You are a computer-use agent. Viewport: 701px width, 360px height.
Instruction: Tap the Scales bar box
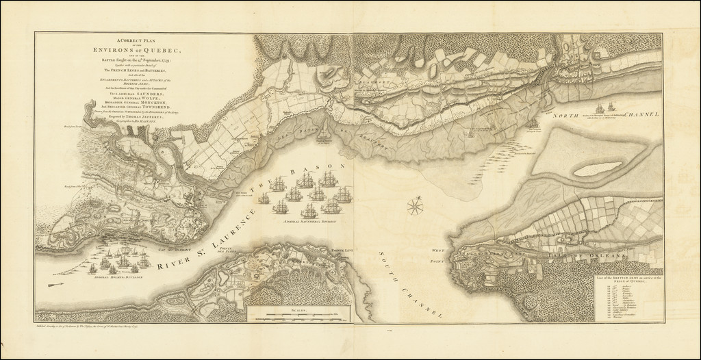click(298, 313)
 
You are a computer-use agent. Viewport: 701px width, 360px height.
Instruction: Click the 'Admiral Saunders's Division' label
click(308, 222)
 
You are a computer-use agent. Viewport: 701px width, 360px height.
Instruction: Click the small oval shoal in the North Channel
click(592, 165)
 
